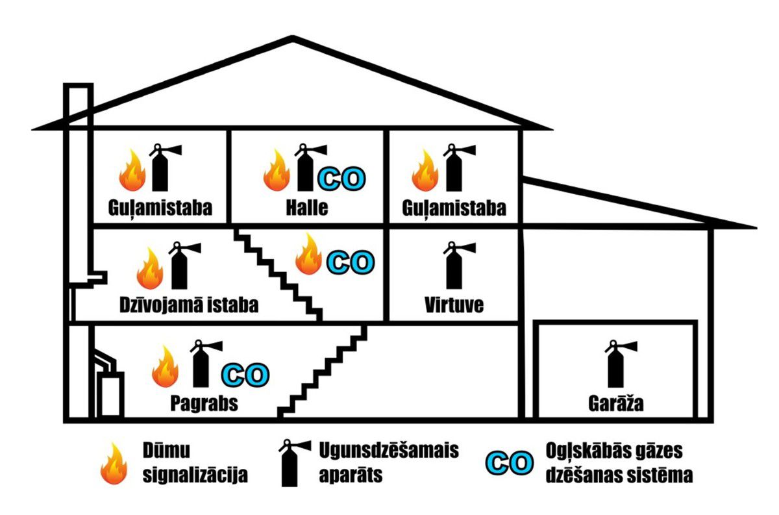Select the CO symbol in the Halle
click(x=341, y=179)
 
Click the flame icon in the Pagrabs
click(x=165, y=366)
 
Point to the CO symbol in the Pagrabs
click(x=245, y=374)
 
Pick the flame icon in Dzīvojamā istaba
click(x=150, y=268)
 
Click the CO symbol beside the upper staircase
click(x=351, y=262)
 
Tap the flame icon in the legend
click(x=115, y=464)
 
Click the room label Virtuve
click(x=454, y=305)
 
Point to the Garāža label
click(x=615, y=404)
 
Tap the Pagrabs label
click(x=204, y=403)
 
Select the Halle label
click(x=307, y=208)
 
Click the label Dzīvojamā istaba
click(x=189, y=305)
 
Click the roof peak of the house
click(x=293, y=40)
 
